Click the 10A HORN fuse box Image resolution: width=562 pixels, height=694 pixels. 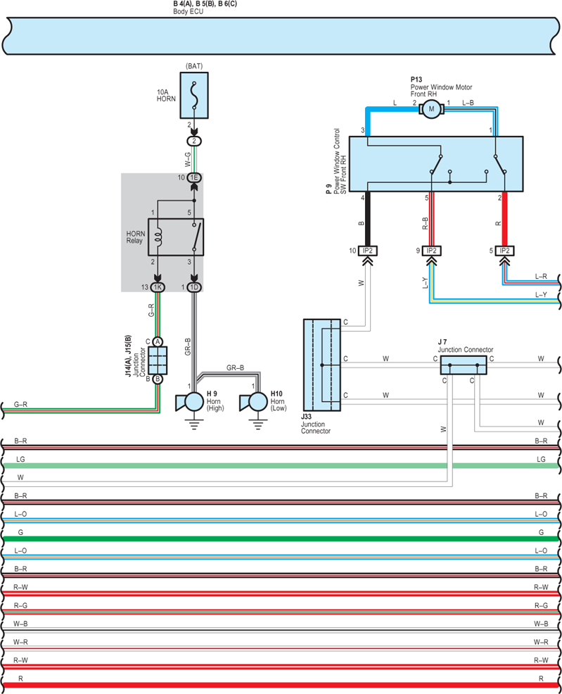coord(194,96)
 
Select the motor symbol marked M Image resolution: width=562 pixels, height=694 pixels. coord(431,109)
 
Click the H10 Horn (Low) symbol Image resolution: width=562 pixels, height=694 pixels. coord(253,403)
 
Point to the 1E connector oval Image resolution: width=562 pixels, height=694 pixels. coord(194,177)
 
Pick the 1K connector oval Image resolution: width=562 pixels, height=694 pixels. coord(158,287)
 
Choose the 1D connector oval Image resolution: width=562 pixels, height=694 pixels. coord(194,287)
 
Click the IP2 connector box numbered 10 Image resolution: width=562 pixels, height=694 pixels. coord(367,251)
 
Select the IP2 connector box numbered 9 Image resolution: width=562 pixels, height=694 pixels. coord(431,251)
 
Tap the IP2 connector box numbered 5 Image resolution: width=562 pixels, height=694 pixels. coord(504,251)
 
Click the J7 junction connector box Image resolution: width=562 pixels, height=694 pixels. coord(464,365)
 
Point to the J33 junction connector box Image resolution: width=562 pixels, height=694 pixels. coord(322,365)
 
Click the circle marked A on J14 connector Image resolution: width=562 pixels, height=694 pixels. coord(158,341)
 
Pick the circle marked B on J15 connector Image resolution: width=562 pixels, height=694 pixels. coord(158,379)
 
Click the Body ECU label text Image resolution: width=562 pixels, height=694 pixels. coord(188,11)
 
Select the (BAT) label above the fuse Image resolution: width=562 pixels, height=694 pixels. coord(194,66)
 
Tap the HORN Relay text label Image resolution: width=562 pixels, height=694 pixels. coord(135,237)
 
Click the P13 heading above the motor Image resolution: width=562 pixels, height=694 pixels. coord(416,80)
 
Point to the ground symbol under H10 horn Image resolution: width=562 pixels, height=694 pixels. coord(257,426)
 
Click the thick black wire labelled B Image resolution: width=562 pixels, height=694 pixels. coord(367,219)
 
